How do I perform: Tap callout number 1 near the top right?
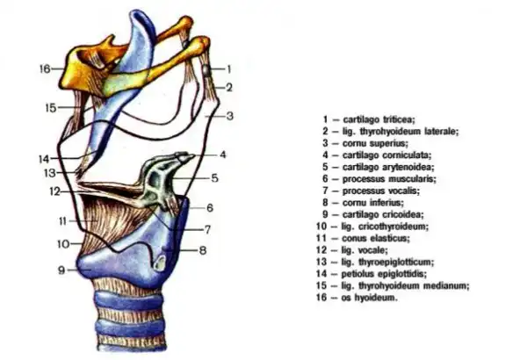227,68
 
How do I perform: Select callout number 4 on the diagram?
223,155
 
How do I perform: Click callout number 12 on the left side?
54,191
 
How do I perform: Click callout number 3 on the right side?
228,116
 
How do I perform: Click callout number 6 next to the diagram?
211,208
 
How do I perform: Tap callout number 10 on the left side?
62,243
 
